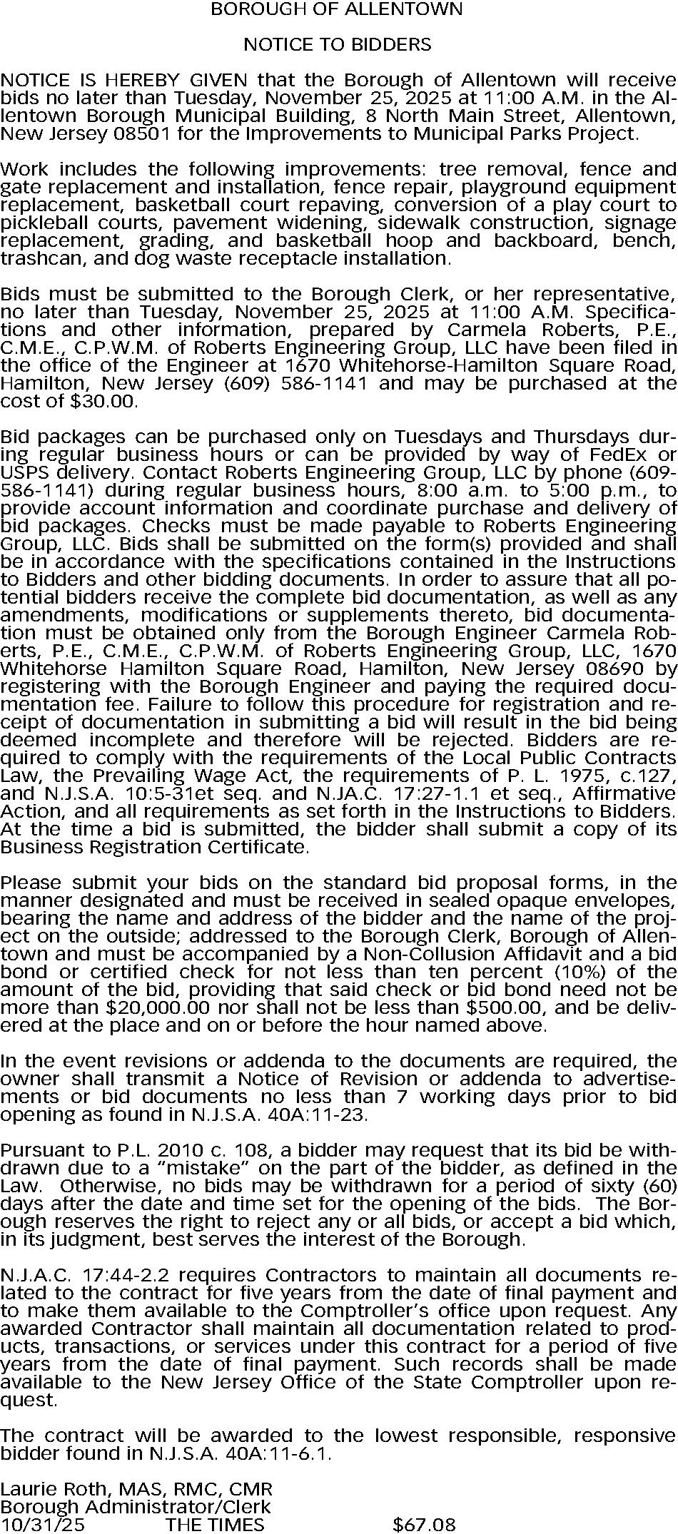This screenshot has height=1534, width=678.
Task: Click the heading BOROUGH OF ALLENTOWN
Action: (x=337, y=9)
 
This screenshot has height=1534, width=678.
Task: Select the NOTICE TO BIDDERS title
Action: (x=337, y=45)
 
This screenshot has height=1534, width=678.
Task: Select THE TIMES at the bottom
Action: (x=215, y=1525)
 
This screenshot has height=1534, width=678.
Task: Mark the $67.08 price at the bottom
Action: (x=424, y=1525)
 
